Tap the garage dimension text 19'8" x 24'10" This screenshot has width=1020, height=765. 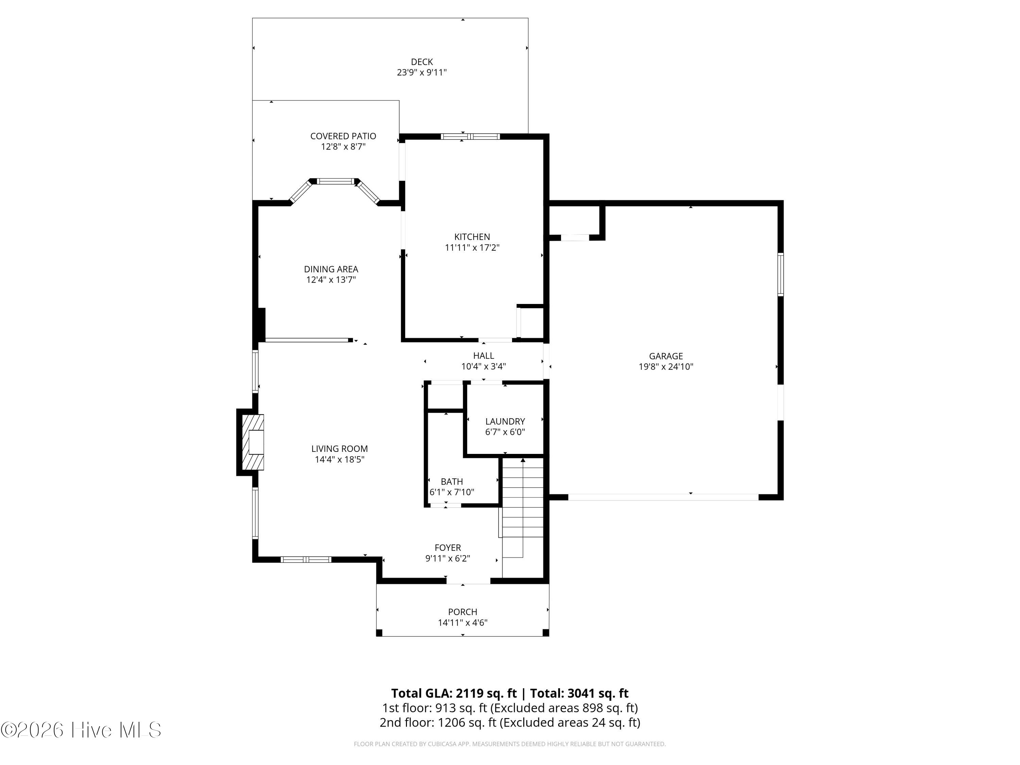pos(666,367)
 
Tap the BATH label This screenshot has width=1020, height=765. pos(452,481)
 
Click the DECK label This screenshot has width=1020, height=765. pos(422,62)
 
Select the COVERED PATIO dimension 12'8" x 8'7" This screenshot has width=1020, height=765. pos(343,147)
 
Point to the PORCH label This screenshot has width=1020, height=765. pos(462,612)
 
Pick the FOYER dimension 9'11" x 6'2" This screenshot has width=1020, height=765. pos(447,558)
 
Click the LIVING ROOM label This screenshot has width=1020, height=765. pos(339,449)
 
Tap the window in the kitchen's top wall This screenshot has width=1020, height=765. pos(470,136)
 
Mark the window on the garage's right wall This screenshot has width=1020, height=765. pos(780,274)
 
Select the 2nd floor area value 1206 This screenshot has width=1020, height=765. pos(452,722)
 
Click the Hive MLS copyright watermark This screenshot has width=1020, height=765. pos(81,730)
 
